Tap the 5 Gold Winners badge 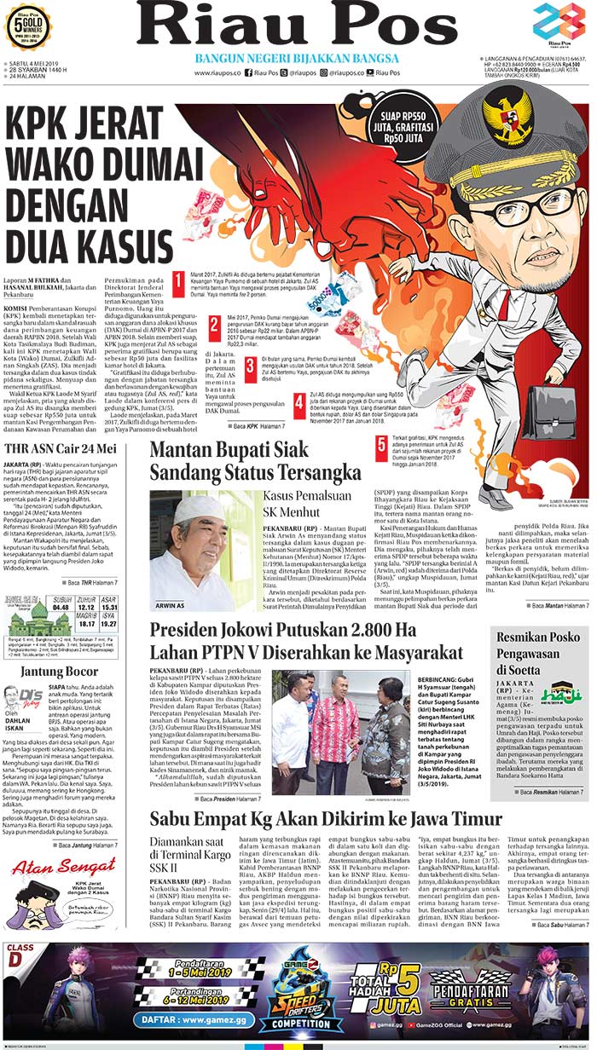click(x=28, y=26)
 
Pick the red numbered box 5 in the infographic click(x=380, y=444)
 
